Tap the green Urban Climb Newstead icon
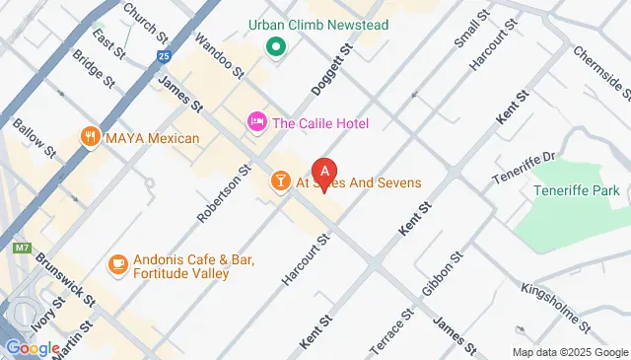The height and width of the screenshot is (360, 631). [276, 45]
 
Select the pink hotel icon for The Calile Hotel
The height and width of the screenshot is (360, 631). [256, 122]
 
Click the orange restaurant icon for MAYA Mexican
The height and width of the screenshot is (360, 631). [92, 137]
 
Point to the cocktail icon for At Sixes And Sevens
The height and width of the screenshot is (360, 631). [280, 182]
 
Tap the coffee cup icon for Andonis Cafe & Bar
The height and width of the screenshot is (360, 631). [117, 263]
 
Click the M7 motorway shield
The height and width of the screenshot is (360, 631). [21, 249]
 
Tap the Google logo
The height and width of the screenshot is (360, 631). [32, 347]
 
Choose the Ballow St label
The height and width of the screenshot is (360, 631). [34, 139]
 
